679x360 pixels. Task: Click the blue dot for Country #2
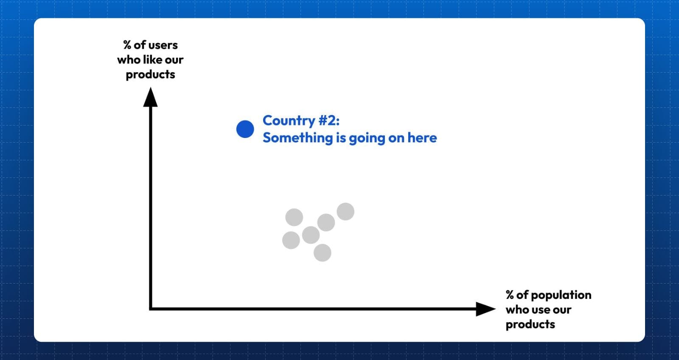tap(245, 129)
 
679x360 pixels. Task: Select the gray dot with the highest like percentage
tap(345, 211)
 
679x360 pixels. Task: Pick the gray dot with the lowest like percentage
tap(322, 253)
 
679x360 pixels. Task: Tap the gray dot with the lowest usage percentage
tap(291, 240)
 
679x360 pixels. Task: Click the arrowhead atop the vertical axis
tap(150, 97)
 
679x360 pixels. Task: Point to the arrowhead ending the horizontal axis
tap(485, 309)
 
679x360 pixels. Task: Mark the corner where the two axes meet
tap(150, 309)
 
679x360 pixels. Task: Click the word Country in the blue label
tap(289, 121)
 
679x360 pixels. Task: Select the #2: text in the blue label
tap(329, 121)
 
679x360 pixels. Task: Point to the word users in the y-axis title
tap(163, 45)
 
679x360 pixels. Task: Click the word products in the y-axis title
tap(150, 75)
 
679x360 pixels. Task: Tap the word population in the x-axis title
tap(561, 295)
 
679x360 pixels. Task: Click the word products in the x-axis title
tap(530, 325)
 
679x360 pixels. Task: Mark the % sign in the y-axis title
tap(127, 45)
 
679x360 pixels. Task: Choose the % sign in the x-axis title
tap(510, 295)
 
